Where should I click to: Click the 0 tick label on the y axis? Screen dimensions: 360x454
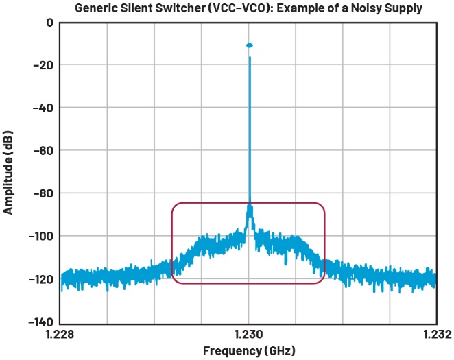click(x=49, y=22)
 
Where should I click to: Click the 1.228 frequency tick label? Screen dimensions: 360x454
click(x=61, y=335)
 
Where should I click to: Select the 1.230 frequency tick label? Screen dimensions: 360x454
click(x=249, y=335)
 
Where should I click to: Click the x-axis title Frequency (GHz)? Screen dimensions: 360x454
click(x=249, y=351)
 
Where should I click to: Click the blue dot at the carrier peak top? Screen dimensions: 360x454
click(x=250, y=45)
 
